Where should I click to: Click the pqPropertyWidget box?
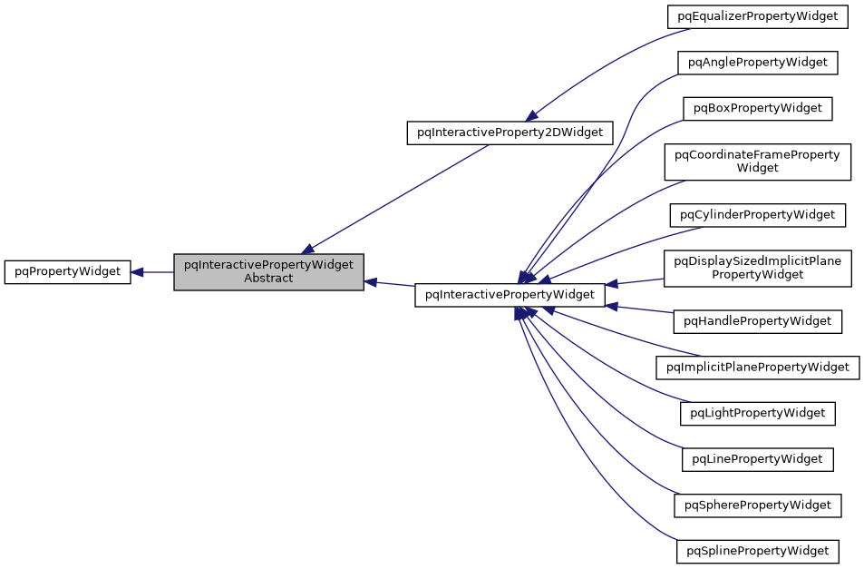tap(68, 271)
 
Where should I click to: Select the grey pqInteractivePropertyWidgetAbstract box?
tap(268, 271)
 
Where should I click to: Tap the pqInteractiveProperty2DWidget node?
tap(510, 132)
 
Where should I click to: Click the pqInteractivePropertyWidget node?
tap(510, 294)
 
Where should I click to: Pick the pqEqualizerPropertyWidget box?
tap(758, 16)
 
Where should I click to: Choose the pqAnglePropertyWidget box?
tap(758, 63)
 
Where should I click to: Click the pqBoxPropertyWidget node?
tap(758, 108)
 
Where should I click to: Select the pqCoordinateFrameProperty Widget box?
tap(758, 162)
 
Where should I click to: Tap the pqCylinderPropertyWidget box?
tap(758, 215)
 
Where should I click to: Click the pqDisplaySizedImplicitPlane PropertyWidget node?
tap(758, 268)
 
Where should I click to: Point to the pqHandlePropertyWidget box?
tap(758, 321)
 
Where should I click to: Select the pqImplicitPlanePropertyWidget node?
tap(758, 368)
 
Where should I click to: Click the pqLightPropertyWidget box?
tap(758, 413)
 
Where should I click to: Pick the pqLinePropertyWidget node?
tap(758, 459)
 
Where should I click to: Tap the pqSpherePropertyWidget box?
tap(758, 505)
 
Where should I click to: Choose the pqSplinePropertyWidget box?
tap(758, 551)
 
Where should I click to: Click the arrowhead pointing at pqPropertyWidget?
tap(138, 271)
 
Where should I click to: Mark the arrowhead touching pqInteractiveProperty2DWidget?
tap(532, 113)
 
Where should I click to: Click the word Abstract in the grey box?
tap(268, 279)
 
